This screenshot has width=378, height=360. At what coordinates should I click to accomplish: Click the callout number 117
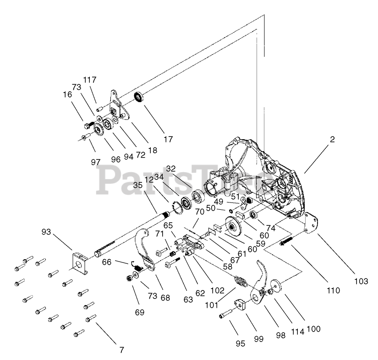point(90,79)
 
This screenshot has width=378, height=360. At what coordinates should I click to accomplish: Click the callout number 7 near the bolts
point(121,350)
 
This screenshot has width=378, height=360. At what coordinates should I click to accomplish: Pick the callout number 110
point(333,290)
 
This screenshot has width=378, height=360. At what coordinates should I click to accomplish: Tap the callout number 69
point(139,312)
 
